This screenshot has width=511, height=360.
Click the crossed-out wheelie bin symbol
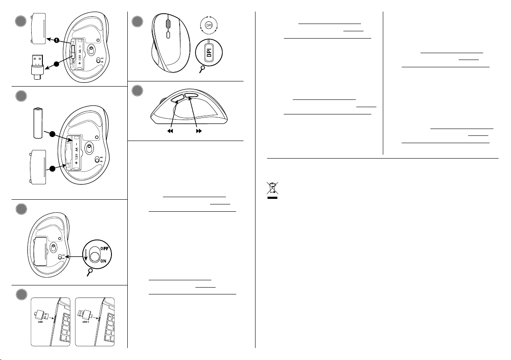coord(273,190)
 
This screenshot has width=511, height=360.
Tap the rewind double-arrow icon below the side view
coord(170,131)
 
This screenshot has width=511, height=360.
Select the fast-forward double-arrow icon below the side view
coord(199,131)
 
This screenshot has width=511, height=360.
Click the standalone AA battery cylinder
coord(38,123)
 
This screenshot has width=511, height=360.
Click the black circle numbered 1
coord(57,40)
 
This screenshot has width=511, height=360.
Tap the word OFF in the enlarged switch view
coord(104,249)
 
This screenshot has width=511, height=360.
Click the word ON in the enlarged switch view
coord(103,261)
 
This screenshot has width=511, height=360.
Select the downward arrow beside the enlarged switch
coord(86,255)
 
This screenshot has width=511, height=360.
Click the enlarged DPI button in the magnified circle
coord(209,52)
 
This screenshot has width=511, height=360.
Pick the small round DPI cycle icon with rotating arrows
coord(209,25)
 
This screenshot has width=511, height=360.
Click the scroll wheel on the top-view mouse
coord(168,24)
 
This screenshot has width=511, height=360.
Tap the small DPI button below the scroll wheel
coord(168,35)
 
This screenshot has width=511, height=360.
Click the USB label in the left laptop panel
coord(40,322)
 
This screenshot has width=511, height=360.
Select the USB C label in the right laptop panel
coord(86,322)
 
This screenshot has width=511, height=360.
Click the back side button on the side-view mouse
coord(177,98)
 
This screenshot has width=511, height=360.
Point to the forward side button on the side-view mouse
coord(191,96)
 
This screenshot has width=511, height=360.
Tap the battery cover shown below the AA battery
coord(38,167)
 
